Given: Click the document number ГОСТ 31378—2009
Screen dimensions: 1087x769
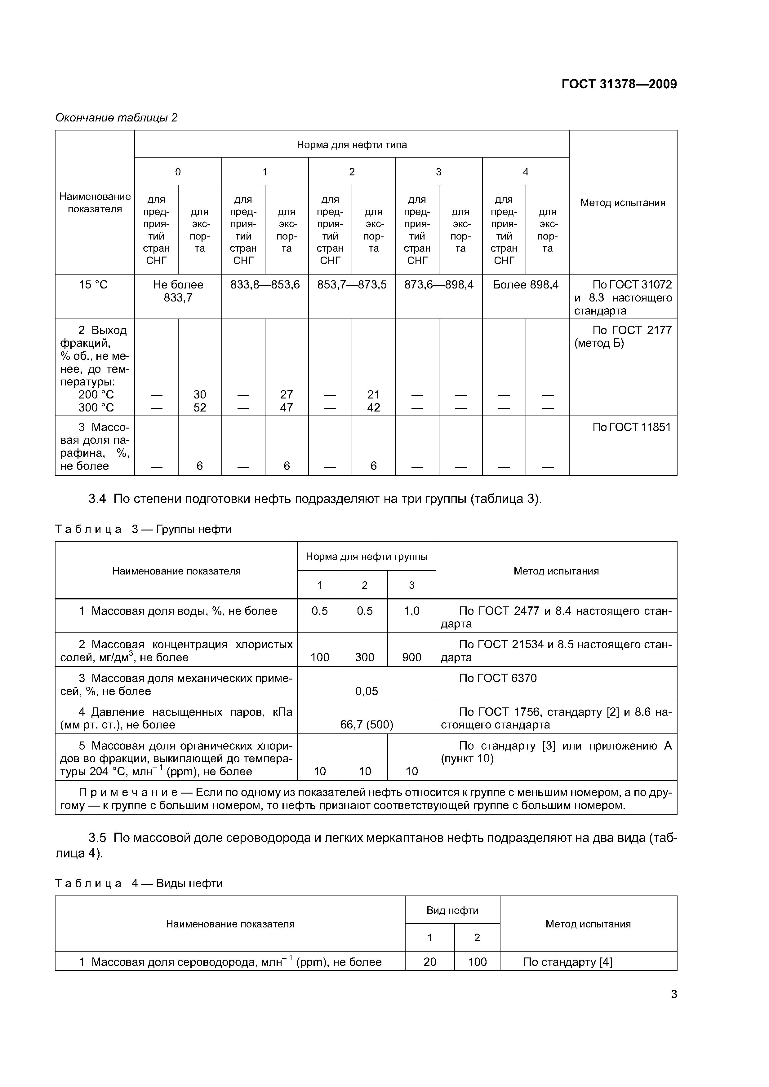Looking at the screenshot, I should (x=619, y=84).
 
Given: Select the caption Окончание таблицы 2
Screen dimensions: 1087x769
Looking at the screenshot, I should (x=116, y=117).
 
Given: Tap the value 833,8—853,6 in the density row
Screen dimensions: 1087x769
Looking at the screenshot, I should (x=265, y=284).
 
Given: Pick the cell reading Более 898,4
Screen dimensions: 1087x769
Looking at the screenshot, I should (x=526, y=284).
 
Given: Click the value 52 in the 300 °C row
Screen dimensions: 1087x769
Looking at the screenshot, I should (x=199, y=408).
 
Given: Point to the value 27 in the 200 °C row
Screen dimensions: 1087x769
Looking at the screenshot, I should (x=286, y=394).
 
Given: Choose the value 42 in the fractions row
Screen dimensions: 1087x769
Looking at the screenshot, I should (x=373, y=408).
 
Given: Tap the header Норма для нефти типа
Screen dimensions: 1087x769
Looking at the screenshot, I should (x=352, y=144).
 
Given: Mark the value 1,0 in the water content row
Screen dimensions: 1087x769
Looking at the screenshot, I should (x=411, y=611).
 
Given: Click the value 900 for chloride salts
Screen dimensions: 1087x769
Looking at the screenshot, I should (x=411, y=657).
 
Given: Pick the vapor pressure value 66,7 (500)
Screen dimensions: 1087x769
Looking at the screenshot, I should (x=366, y=725).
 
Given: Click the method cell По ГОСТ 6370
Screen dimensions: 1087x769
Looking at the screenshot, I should (x=497, y=678).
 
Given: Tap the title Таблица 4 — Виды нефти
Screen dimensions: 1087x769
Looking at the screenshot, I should (x=138, y=883).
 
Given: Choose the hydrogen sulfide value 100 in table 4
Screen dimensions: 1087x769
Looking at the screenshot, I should (x=477, y=962).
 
